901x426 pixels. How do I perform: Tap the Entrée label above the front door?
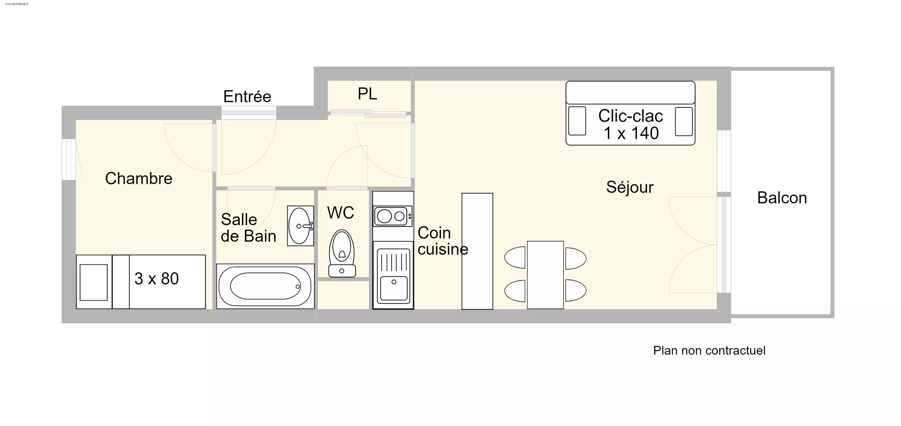tap(247, 97)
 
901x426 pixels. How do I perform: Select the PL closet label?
tap(367, 94)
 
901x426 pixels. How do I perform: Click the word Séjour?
tap(630, 187)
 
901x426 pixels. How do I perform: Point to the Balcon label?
tap(782, 198)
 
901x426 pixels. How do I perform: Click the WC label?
tap(340, 212)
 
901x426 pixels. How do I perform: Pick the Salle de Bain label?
tap(248, 228)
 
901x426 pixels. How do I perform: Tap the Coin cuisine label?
tap(442, 241)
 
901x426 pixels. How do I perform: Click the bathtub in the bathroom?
tap(265, 286)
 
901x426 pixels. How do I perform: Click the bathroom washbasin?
tap(300, 226)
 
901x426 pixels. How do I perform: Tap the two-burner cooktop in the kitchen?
tap(392, 216)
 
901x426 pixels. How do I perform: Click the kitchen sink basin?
tap(394, 288)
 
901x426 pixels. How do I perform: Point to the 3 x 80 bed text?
tap(156, 279)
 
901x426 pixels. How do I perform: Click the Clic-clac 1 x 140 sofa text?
tap(630, 125)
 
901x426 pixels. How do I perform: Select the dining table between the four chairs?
tap(545, 275)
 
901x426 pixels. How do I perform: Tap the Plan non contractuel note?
tap(709, 350)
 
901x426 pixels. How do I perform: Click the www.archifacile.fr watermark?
tap(17, 4)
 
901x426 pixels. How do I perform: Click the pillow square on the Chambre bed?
tap(93, 282)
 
